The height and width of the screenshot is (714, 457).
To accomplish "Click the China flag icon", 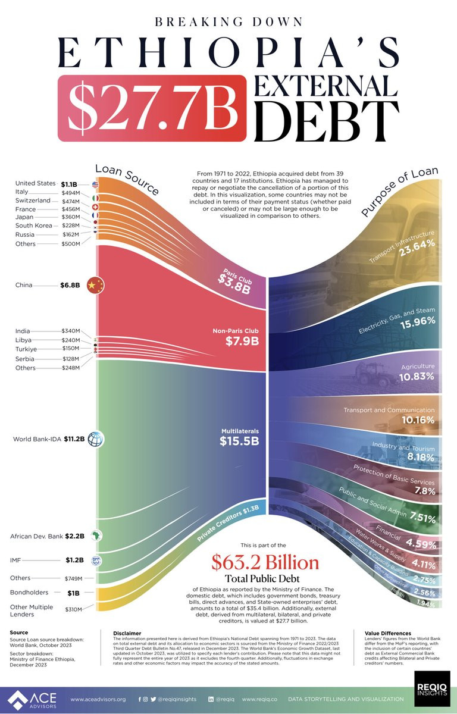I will coord(95,286).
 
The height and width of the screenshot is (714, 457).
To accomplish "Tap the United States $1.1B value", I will coord(70,184).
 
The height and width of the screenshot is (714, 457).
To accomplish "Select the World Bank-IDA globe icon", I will coord(95,440).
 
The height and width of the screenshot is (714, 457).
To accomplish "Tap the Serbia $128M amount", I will coord(70,359).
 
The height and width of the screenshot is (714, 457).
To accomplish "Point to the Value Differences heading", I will coord(388,633).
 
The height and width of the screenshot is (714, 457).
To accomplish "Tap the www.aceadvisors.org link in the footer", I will coord(98,699).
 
